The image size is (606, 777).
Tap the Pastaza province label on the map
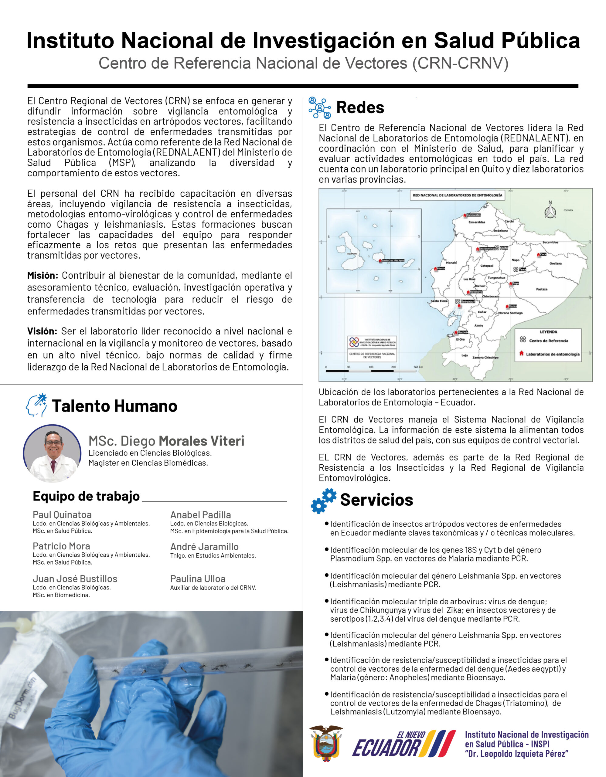542,289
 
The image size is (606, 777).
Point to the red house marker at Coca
539,255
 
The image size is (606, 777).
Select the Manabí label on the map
451,263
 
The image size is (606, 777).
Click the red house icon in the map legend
522,354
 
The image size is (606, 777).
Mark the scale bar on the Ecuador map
371,370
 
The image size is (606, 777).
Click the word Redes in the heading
360,107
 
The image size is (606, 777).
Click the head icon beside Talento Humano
37,405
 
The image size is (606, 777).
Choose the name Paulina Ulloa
198,579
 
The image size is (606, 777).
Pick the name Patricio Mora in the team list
61,546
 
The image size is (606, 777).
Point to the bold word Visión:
42,331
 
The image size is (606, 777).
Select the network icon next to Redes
320,108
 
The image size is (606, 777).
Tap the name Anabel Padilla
200,515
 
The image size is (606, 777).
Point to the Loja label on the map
465,355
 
